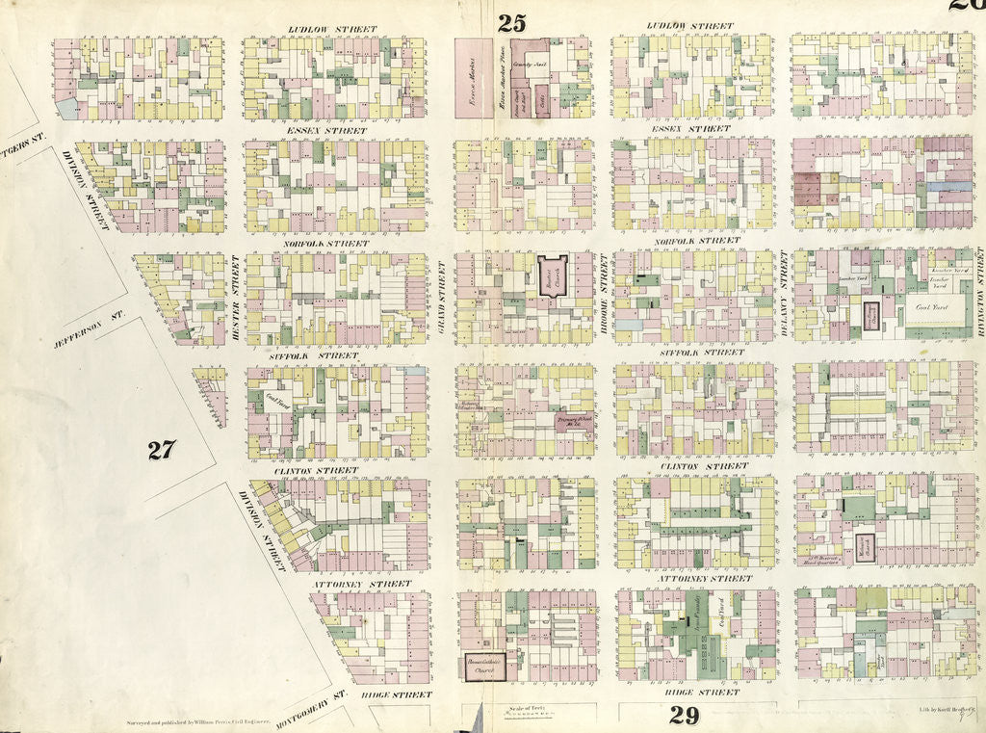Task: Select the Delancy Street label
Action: pos(783,286)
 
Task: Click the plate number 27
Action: pos(162,450)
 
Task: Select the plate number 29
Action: pos(684,716)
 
